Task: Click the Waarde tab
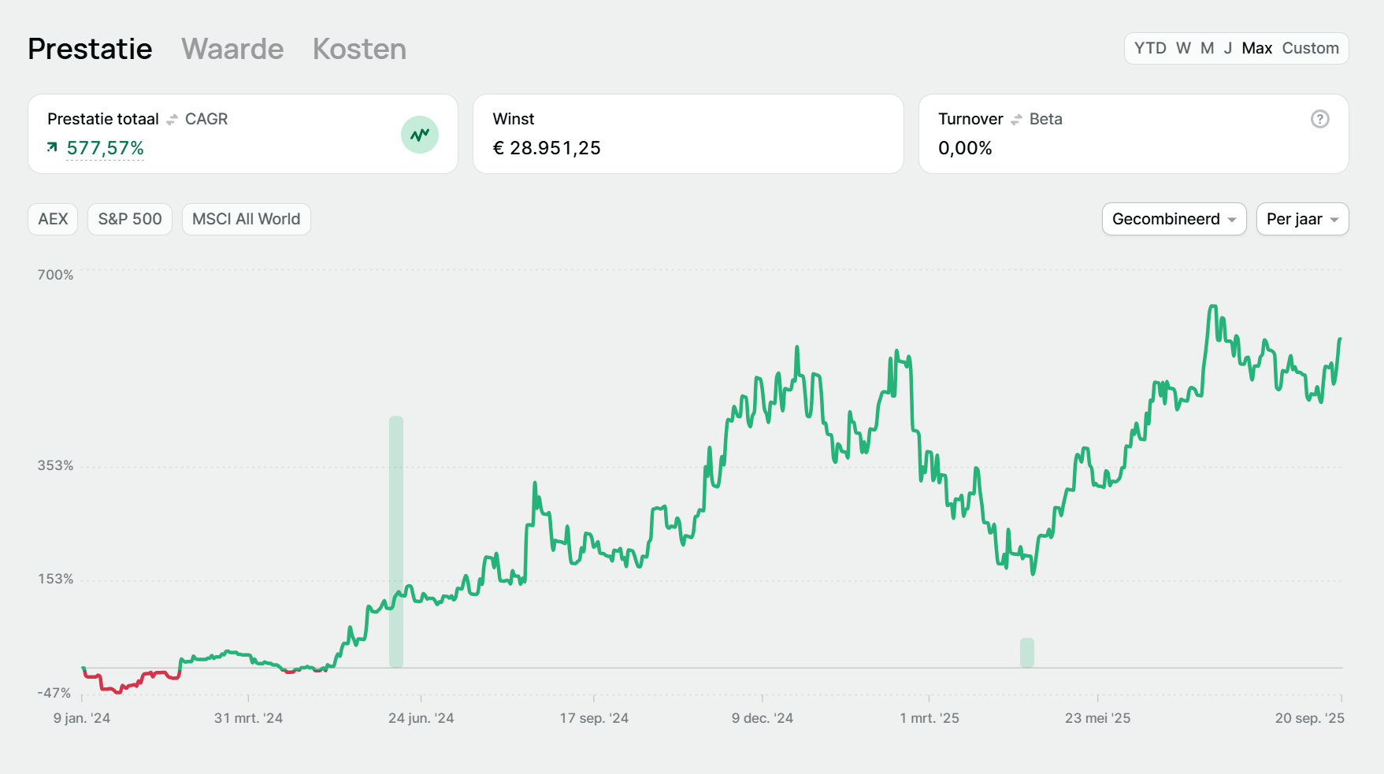click(232, 49)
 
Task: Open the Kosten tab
click(359, 49)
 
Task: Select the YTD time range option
click(1150, 48)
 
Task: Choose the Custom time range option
click(1310, 48)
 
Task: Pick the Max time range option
click(1256, 48)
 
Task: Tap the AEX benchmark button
click(53, 219)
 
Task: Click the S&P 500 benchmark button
click(130, 219)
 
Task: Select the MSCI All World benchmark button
click(246, 219)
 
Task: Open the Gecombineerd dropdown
click(1174, 219)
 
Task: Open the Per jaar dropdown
click(1302, 219)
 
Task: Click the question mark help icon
click(1319, 119)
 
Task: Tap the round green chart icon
click(420, 135)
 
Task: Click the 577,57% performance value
click(105, 148)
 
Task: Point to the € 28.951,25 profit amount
click(547, 148)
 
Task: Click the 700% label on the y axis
click(55, 275)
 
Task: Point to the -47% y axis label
click(54, 693)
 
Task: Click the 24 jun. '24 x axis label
click(421, 718)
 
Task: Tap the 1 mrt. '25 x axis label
click(929, 718)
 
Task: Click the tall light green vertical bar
click(396, 542)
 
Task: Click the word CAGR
click(206, 119)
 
